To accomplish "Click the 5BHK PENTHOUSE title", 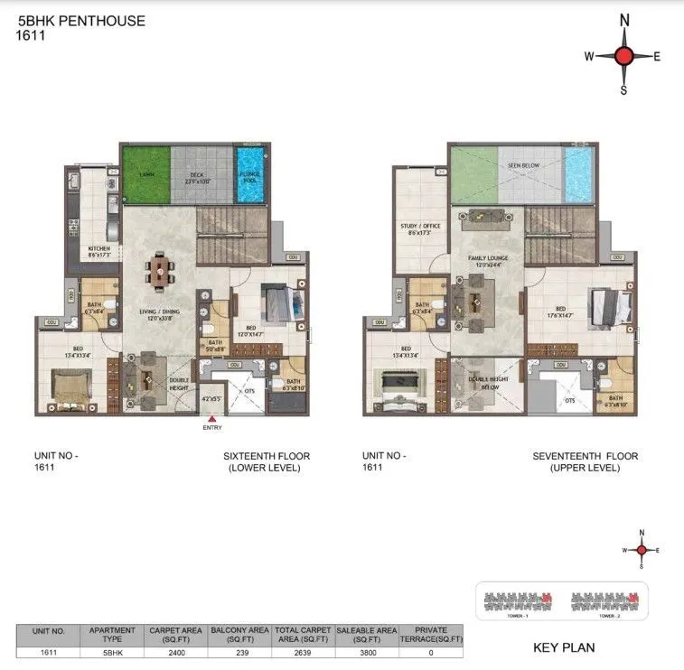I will [80, 20].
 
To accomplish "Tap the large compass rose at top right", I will [623, 56].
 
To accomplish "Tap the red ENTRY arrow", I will [211, 418].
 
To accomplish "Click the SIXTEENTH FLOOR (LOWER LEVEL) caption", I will [262, 462].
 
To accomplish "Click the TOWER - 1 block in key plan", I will [519, 600].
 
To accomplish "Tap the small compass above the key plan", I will [642, 549].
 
